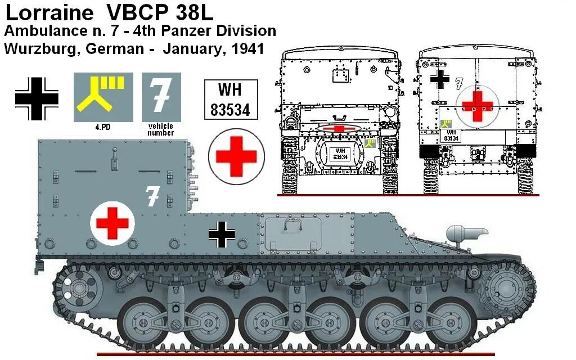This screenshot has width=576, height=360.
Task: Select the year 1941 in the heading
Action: tap(246, 48)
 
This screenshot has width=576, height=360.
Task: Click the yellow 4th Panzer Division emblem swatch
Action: tap(103, 97)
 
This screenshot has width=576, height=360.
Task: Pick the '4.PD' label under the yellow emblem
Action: tap(103, 127)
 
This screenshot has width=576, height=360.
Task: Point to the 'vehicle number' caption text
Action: tap(161, 129)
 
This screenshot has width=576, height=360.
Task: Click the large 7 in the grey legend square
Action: tap(161, 96)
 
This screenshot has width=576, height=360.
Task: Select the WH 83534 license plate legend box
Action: tap(230, 100)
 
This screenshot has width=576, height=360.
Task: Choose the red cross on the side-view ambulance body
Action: tap(112, 223)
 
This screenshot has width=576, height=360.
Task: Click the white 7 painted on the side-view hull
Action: tap(152, 196)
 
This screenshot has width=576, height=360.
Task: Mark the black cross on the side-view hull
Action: tap(222, 234)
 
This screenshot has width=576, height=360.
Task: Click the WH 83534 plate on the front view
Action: tap(340, 154)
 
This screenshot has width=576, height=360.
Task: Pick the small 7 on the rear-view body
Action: tap(459, 84)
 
